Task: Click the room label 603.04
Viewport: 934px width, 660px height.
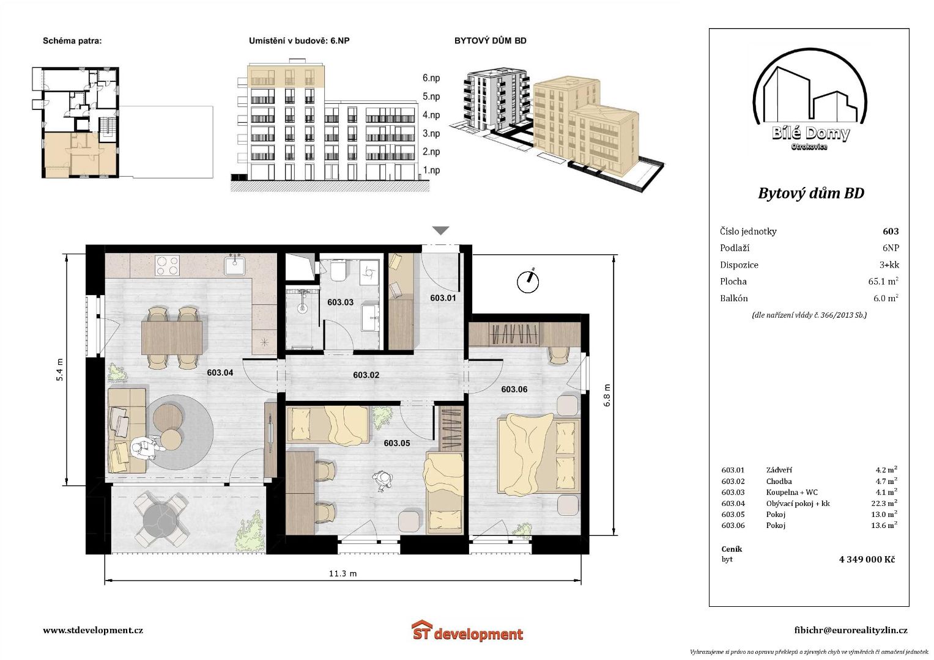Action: (220, 373)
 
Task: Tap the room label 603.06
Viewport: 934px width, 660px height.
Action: (514, 389)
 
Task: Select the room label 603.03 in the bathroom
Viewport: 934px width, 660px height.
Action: (340, 302)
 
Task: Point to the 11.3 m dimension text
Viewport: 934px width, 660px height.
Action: (343, 573)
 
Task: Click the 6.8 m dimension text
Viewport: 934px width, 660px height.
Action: (607, 395)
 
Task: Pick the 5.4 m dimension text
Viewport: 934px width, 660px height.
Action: (60, 370)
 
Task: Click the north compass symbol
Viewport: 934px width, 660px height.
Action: (528, 281)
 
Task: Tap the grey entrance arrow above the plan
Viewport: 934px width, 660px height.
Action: (441, 230)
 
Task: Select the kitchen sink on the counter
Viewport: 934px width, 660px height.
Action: (235, 264)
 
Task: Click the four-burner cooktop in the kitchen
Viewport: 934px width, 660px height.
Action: (167, 265)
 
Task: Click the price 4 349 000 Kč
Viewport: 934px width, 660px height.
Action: (867, 559)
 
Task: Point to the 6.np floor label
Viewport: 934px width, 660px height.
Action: (431, 78)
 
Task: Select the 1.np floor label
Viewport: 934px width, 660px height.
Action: (431, 170)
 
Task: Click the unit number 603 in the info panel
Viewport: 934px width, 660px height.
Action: (891, 231)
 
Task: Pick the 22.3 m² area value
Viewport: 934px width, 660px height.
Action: (884, 503)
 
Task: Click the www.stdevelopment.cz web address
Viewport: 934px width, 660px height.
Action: (93, 631)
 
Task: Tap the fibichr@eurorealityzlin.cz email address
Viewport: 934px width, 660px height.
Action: (851, 631)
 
